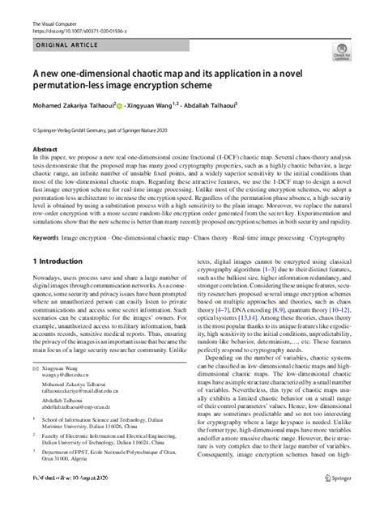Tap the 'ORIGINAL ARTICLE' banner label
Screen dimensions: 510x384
coord(67,46)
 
